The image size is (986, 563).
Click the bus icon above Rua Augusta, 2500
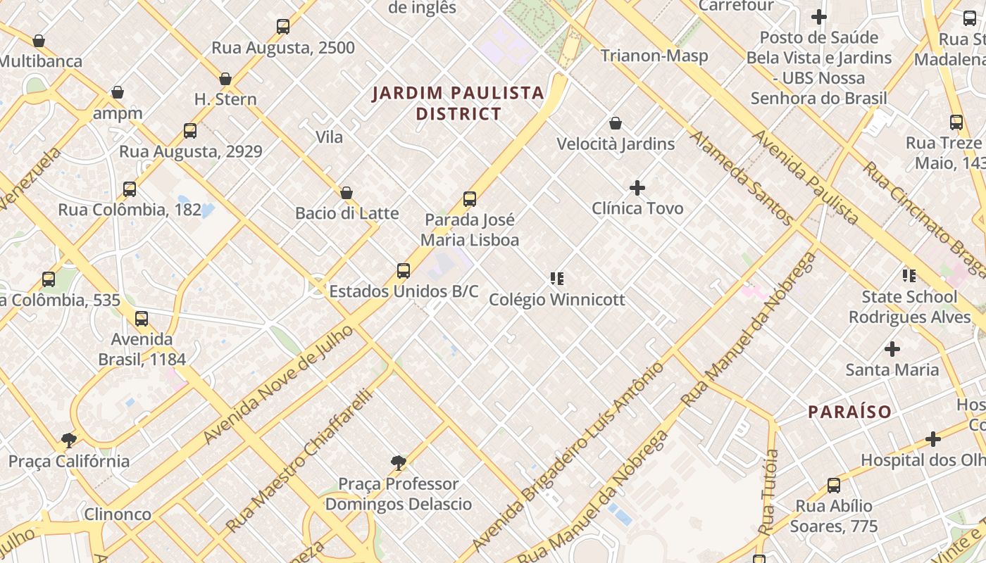[282, 27]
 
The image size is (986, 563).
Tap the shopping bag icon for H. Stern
[225, 79]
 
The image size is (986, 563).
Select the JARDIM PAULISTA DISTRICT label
[458, 103]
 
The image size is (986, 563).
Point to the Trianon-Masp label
[654, 56]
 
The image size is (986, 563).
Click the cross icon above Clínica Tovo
[637, 188]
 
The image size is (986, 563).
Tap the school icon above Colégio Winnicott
[557, 279]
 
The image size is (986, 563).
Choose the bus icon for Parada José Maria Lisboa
[470, 199]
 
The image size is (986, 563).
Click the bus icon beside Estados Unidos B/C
[404, 271]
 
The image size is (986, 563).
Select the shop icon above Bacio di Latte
[347, 193]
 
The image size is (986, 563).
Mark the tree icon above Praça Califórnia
[69, 441]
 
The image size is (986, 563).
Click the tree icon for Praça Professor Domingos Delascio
[399, 462]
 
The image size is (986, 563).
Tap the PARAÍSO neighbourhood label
[849, 412]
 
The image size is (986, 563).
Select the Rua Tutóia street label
[768, 493]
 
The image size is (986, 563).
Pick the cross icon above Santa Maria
[892, 349]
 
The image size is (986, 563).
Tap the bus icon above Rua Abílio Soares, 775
[834, 486]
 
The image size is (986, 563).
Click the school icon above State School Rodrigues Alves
[909, 276]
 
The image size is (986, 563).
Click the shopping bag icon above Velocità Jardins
[616, 124]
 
